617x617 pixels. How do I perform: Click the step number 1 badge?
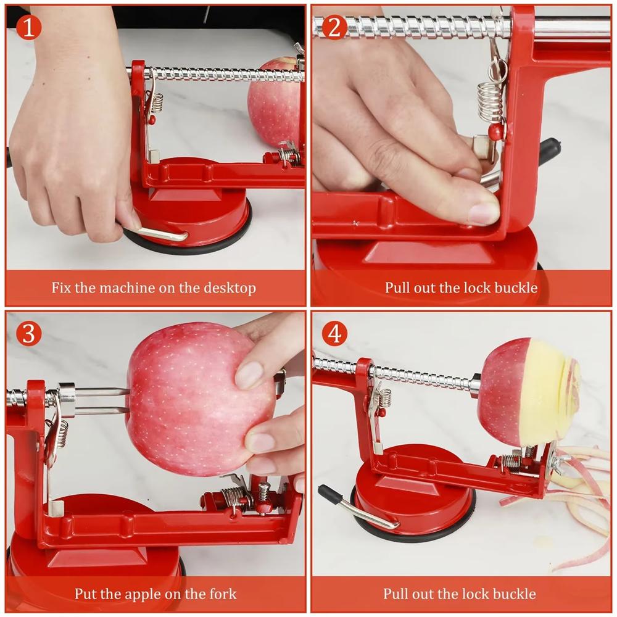click(x=28, y=27)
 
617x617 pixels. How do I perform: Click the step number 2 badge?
click(x=334, y=27)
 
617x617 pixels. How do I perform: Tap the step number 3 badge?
click(x=28, y=333)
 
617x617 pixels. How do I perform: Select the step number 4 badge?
click(x=334, y=333)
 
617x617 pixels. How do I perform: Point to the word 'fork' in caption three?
click(x=223, y=594)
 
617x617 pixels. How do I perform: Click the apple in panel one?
click(x=275, y=102)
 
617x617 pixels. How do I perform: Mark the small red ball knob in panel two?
click(x=494, y=131)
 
